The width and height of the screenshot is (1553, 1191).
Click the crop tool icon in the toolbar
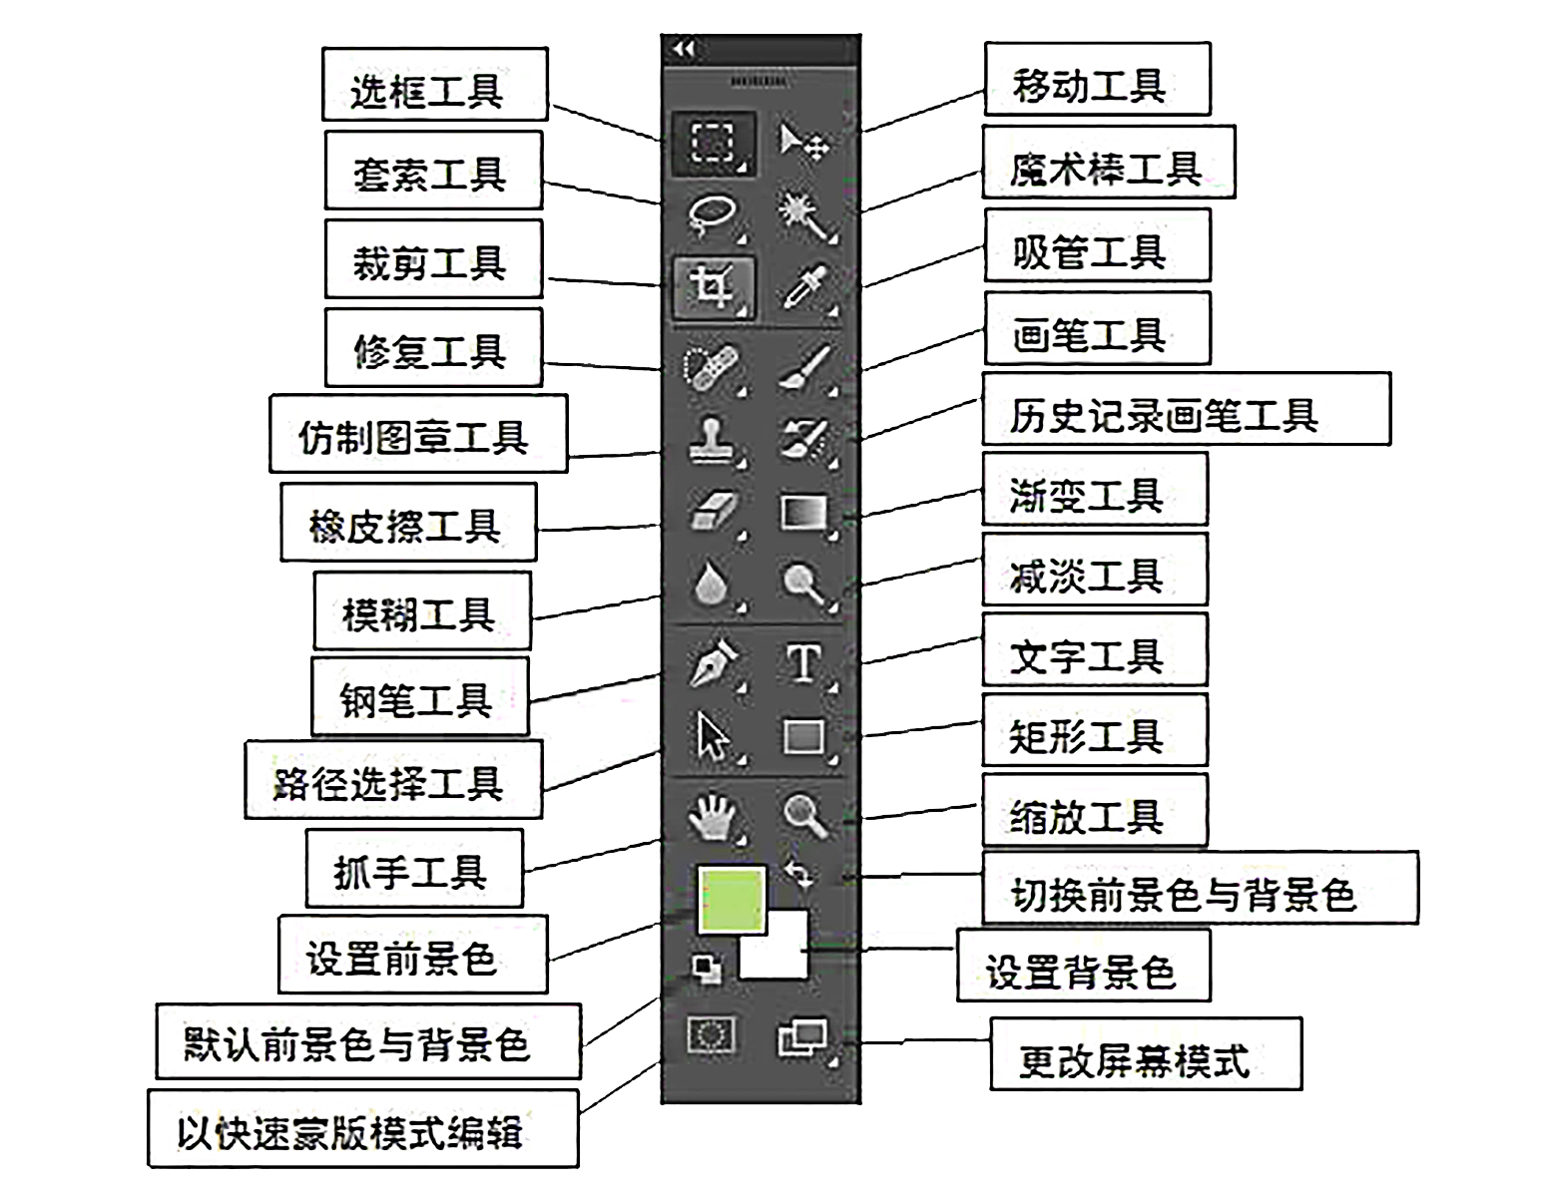point(713,287)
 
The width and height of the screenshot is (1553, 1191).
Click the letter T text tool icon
point(803,662)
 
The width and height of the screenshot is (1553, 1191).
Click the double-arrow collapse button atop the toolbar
point(684,49)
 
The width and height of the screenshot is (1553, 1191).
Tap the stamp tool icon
point(713,439)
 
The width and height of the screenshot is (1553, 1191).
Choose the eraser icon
point(713,512)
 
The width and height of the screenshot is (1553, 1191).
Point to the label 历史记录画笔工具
point(1185,410)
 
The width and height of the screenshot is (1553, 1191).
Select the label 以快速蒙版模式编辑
point(363,1129)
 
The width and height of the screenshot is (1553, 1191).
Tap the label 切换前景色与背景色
point(1199,889)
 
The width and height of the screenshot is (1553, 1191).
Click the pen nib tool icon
point(713,662)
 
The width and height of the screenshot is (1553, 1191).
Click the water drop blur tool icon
point(711,586)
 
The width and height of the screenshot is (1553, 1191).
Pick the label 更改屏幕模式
point(1145,1054)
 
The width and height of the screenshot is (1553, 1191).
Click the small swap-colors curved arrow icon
point(798,873)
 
